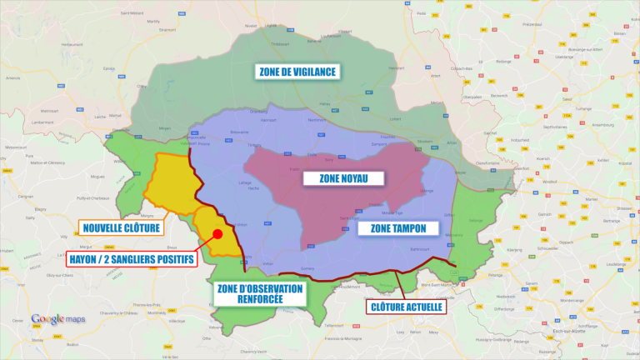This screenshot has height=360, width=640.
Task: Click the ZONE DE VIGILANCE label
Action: click(x=297, y=72)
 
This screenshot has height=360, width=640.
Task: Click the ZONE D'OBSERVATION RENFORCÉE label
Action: click(x=261, y=293)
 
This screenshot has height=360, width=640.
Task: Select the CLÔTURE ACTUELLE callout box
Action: click(x=406, y=306)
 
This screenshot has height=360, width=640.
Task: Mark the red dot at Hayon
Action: click(x=218, y=234)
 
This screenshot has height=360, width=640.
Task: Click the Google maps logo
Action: click(x=57, y=319)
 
